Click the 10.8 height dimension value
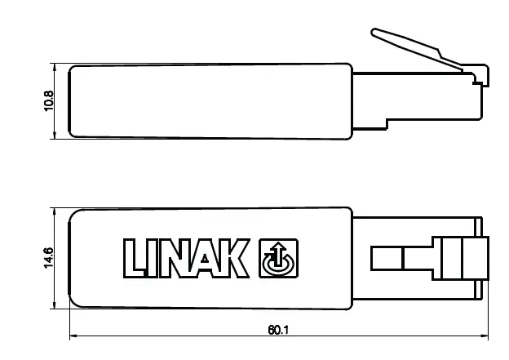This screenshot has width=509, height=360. point(50,101)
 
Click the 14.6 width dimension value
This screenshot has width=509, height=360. point(50,259)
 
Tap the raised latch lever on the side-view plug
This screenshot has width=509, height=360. point(408,44)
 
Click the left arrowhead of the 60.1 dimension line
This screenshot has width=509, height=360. point(73,336)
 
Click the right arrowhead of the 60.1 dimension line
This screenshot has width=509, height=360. point(485,336)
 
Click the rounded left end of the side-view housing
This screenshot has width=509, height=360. point(73,101)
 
